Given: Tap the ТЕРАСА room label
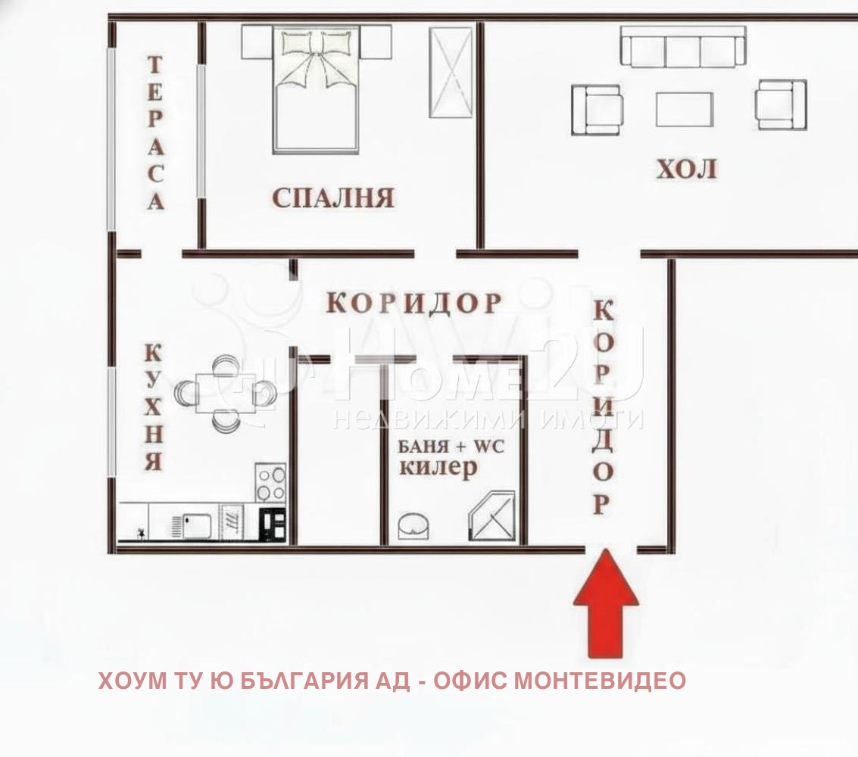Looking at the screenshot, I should (x=154, y=133).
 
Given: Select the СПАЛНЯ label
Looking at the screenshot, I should (x=333, y=198).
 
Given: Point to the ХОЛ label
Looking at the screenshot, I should (x=686, y=170).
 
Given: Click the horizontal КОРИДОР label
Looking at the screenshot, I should (x=414, y=303).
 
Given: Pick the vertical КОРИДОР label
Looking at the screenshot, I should (x=603, y=407).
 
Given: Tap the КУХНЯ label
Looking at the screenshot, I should (x=153, y=407).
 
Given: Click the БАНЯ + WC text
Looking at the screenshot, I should (x=451, y=446).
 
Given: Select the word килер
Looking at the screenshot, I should (x=438, y=468).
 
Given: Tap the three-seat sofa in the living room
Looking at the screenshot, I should (x=682, y=47).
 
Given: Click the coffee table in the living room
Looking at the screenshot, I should (x=684, y=109).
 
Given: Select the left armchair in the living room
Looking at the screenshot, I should (x=597, y=109).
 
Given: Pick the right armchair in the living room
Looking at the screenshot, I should (x=780, y=104).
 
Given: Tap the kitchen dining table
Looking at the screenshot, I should (x=225, y=394).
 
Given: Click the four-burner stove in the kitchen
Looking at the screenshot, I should (x=270, y=482).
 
